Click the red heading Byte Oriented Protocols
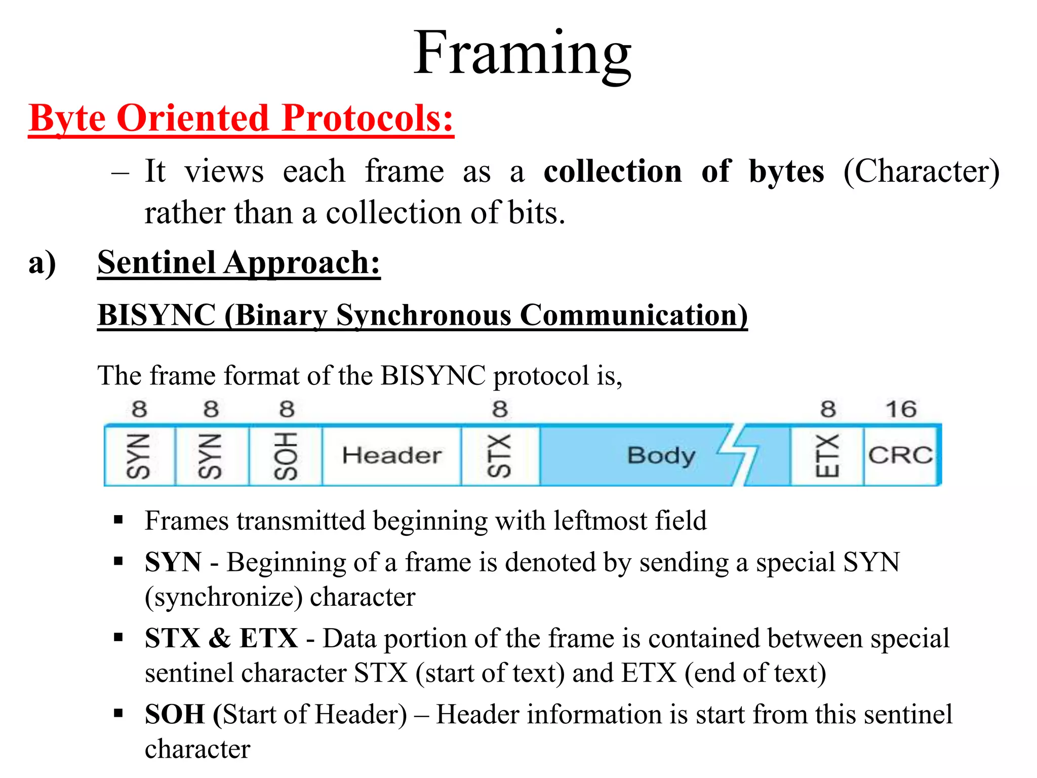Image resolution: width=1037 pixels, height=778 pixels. [241, 119]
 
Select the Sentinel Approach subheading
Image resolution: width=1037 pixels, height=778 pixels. [238, 263]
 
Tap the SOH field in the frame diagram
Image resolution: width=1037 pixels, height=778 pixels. [286, 456]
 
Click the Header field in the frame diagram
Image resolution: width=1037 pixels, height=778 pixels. [391, 455]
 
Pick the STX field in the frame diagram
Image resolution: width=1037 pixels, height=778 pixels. [500, 456]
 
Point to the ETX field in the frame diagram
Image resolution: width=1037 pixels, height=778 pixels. [827, 456]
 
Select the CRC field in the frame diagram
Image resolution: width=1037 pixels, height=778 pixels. [900, 455]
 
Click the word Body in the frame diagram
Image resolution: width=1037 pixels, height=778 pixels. [661, 456]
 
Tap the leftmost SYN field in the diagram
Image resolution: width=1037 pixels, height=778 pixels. [139, 456]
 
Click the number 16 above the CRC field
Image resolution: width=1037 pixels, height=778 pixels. [901, 409]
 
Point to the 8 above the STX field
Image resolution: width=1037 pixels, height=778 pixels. [500, 409]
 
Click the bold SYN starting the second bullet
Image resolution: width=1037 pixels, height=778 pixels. [173, 562]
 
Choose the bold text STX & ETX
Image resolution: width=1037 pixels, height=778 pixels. [221, 638]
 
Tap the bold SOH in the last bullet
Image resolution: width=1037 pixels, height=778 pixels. [175, 714]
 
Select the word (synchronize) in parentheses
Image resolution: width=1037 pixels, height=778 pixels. [223, 597]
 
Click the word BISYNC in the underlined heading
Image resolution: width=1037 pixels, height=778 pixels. [156, 316]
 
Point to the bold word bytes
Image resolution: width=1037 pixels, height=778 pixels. [786, 171]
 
